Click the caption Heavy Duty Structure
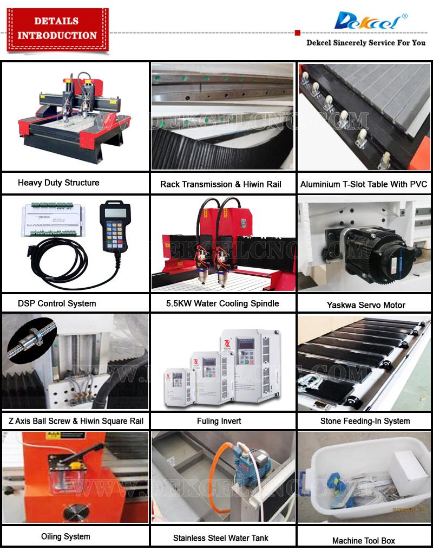coord(58,183)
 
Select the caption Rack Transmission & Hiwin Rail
coord(221,184)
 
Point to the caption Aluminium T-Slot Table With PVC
coord(364,184)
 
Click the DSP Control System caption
coord(57,303)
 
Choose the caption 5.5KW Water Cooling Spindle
coord(222,303)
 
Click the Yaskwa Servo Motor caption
coord(366,305)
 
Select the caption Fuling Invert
coord(219,421)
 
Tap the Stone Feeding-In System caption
coord(365,421)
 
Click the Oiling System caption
coord(65,536)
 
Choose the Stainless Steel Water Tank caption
coord(220,538)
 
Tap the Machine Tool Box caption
coord(364,540)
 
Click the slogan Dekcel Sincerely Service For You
coord(366,42)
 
